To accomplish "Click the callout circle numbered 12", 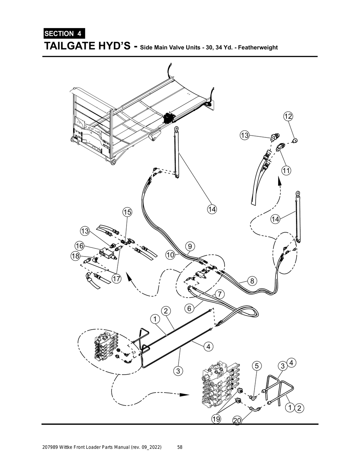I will click(288, 116).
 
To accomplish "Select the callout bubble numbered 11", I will click(286, 171).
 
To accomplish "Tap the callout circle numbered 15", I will click(127, 212).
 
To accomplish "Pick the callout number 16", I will click(79, 246).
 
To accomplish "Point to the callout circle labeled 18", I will click(76, 256).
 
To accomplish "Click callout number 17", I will click(116, 279).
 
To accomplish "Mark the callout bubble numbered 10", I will click(170, 255).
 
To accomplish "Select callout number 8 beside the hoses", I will click(252, 281).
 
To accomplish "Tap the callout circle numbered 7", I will click(219, 293).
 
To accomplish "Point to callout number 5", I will click(257, 366).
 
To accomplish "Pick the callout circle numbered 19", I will click(216, 419).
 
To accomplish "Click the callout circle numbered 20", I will click(237, 421).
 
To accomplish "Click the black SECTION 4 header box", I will click(64, 33).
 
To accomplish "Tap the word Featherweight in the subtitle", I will click(258, 47).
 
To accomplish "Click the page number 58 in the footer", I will click(180, 447).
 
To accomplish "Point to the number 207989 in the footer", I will click(50, 447).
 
